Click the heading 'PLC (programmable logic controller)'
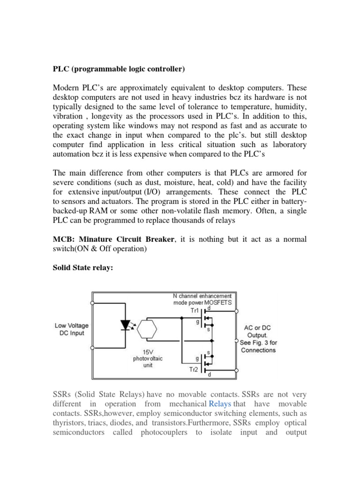pos(119,69)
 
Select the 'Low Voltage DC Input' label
pos(71,330)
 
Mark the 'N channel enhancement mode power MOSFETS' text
pos(202,299)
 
